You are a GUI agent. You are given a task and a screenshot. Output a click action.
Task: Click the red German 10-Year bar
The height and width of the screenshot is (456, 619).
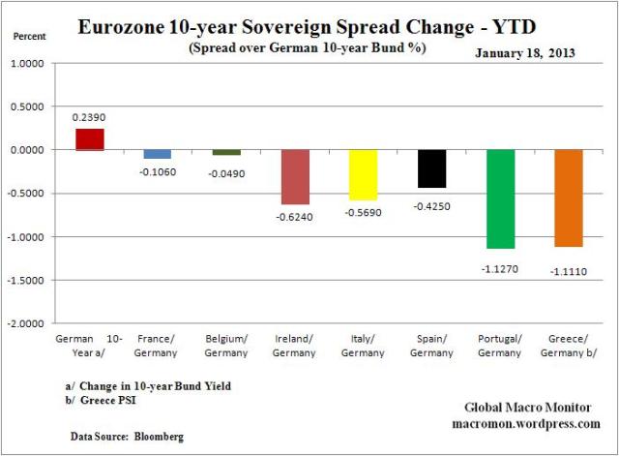(89, 139)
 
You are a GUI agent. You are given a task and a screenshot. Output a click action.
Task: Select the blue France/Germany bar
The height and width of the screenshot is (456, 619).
(157, 154)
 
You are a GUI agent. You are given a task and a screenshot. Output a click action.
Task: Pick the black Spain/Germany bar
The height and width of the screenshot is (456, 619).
(431, 168)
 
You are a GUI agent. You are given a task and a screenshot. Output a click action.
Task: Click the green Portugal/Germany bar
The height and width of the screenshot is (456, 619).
(500, 198)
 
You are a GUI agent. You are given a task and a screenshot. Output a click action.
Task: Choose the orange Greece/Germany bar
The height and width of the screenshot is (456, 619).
(569, 198)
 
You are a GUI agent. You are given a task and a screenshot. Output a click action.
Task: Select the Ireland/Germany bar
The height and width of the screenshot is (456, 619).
(294, 176)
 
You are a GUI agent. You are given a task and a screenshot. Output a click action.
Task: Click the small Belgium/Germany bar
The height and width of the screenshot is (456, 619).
(225, 152)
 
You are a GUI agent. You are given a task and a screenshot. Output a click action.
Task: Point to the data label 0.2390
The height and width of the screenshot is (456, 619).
(89, 115)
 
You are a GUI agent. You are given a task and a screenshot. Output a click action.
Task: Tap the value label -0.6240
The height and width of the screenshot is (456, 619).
(294, 217)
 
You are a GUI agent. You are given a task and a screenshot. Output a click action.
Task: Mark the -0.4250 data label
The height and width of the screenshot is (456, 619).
(431, 205)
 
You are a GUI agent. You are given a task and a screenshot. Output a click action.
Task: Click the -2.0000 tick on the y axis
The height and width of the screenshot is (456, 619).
(33, 323)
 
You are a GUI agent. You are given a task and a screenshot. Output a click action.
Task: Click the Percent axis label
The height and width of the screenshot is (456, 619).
(30, 38)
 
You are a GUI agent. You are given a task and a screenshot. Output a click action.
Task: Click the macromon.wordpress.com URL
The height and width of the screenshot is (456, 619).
(526, 423)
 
